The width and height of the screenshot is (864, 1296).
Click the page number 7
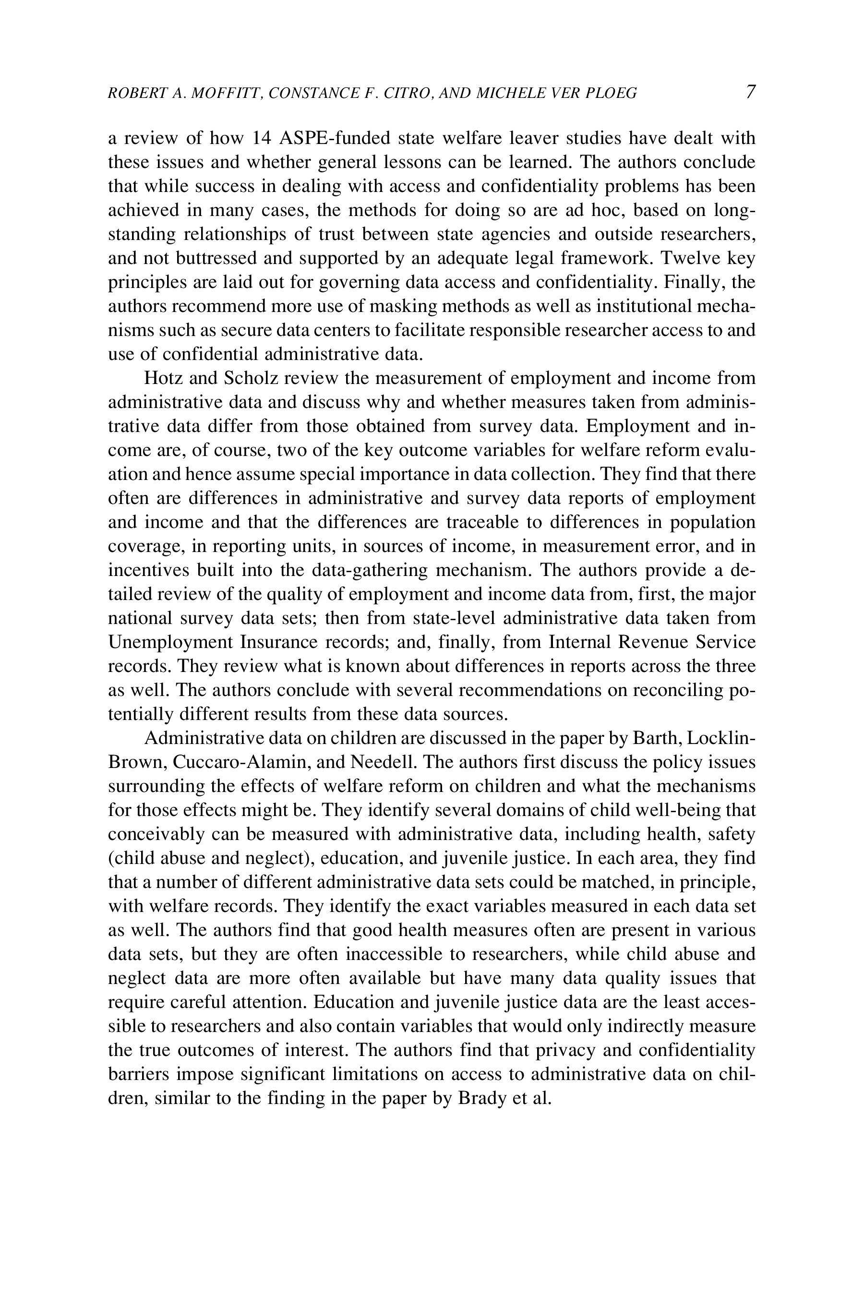750,92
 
